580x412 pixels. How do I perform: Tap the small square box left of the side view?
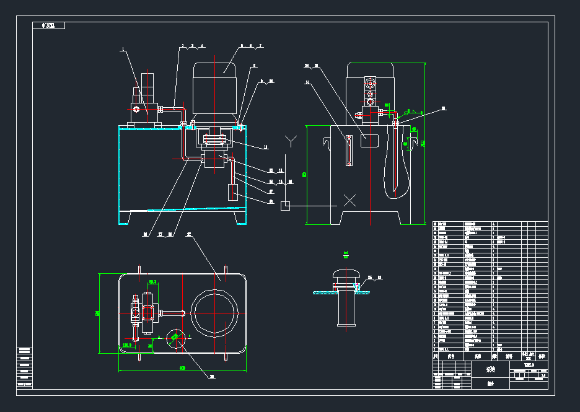click(x=285, y=206)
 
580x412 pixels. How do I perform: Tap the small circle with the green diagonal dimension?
click(x=176, y=338)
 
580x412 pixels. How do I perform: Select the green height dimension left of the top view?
click(x=99, y=313)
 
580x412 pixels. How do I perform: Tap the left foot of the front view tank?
click(x=125, y=218)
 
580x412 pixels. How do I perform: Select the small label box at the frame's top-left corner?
click(x=48, y=26)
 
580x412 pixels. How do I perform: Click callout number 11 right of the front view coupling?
click(x=265, y=147)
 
